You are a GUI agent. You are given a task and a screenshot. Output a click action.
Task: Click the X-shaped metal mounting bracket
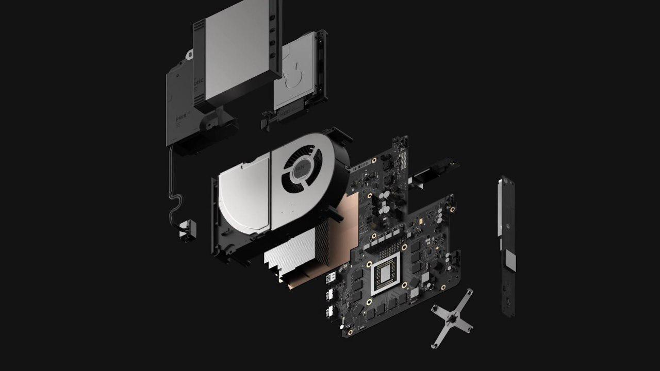tap(452, 318)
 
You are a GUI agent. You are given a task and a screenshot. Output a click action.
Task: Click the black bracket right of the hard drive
tap(318, 72)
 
